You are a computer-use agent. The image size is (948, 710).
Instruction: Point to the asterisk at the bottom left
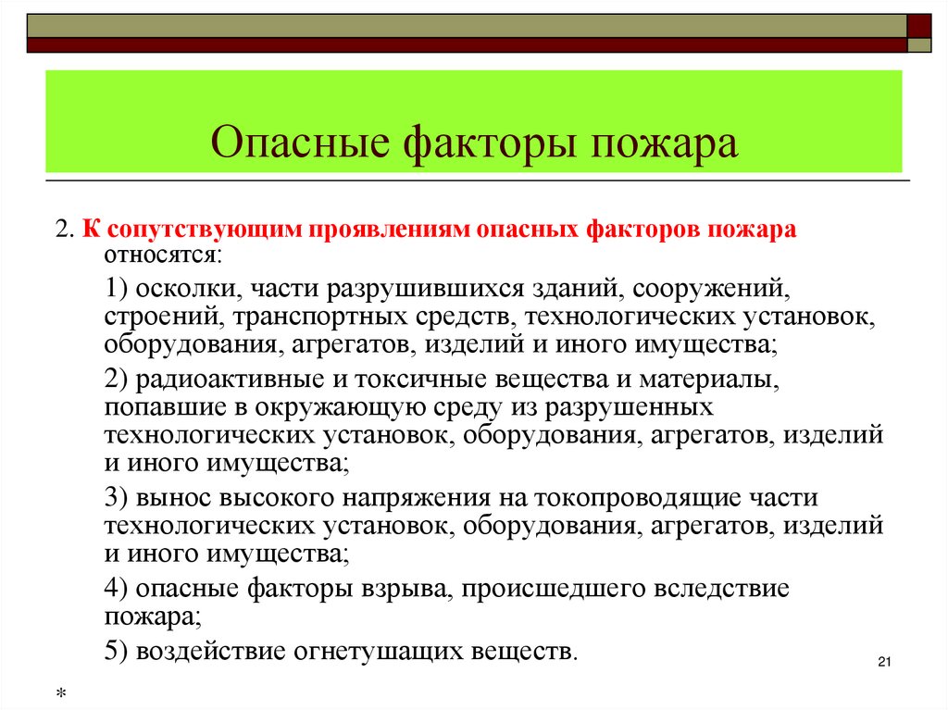60,693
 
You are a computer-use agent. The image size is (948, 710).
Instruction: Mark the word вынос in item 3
175,497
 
